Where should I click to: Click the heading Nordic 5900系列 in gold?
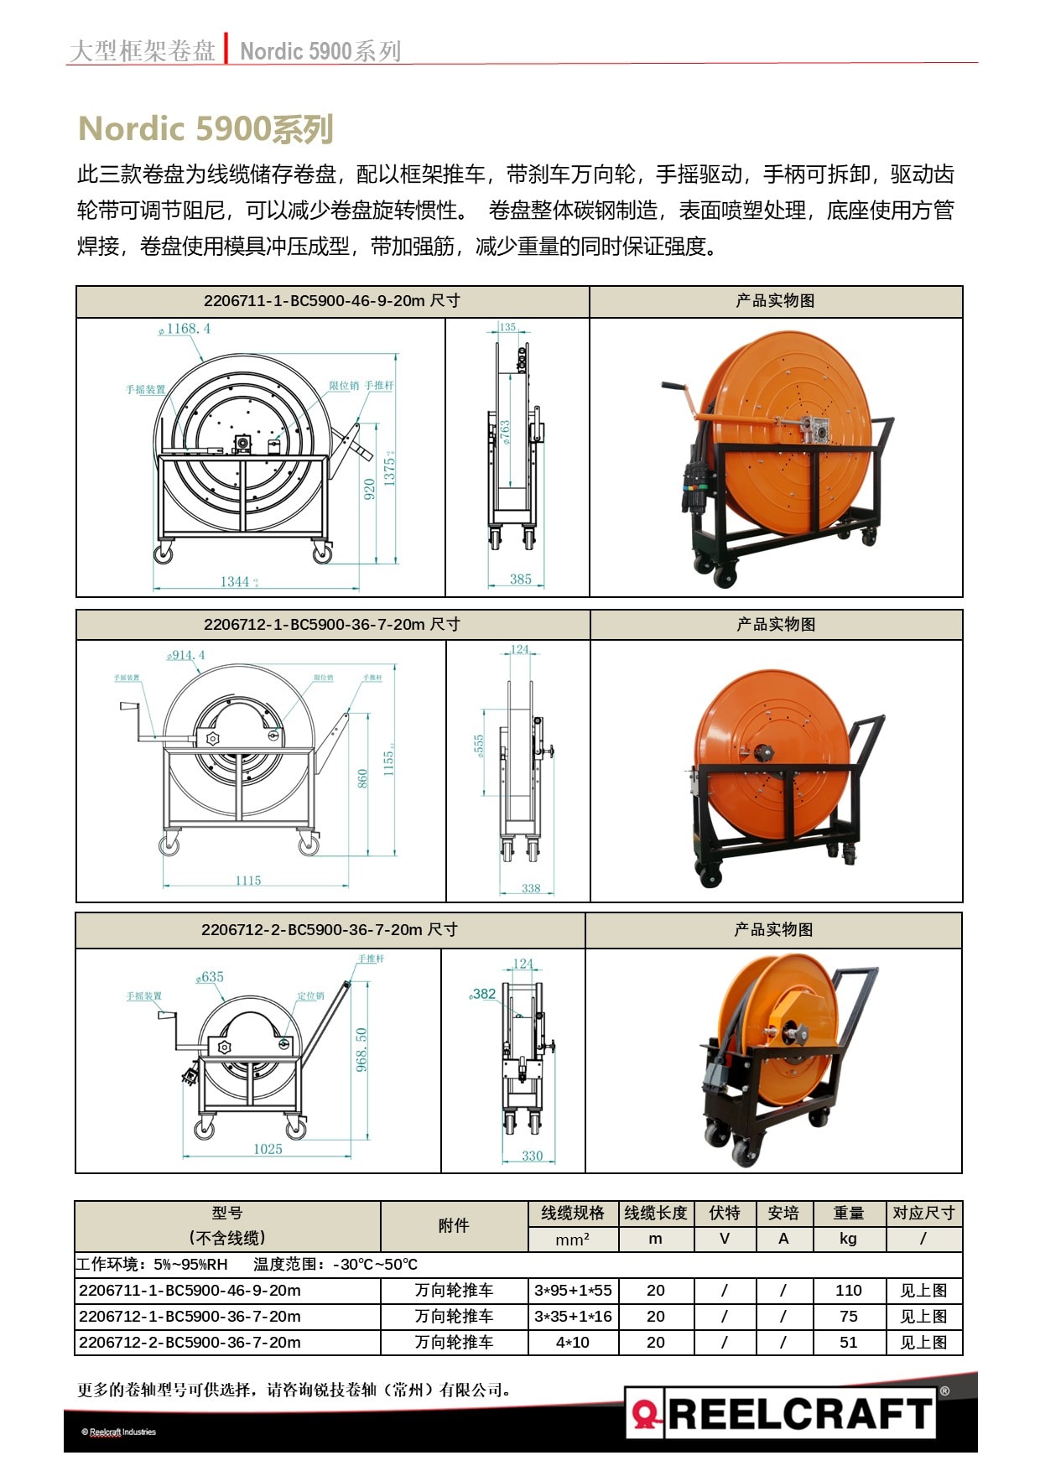click(205, 129)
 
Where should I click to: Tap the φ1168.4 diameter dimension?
click(186, 329)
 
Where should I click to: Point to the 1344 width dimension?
click(237, 581)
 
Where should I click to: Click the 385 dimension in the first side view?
click(520, 579)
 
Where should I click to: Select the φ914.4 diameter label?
click(186, 655)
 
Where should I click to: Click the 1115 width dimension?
click(247, 880)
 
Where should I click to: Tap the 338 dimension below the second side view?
click(531, 888)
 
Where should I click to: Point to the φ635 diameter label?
click(211, 977)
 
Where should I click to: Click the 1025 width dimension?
click(268, 1149)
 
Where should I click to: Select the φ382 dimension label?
click(483, 994)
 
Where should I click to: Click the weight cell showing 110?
click(848, 1290)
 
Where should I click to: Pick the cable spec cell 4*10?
click(572, 1342)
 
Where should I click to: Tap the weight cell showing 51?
click(848, 1342)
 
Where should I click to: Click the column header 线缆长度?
click(655, 1213)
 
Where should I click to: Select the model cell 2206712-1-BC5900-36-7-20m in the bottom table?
click(190, 1316)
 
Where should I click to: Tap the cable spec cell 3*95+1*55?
click(573, 1290)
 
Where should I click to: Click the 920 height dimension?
click(369, 490)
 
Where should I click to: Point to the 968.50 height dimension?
click(361, 1050)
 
